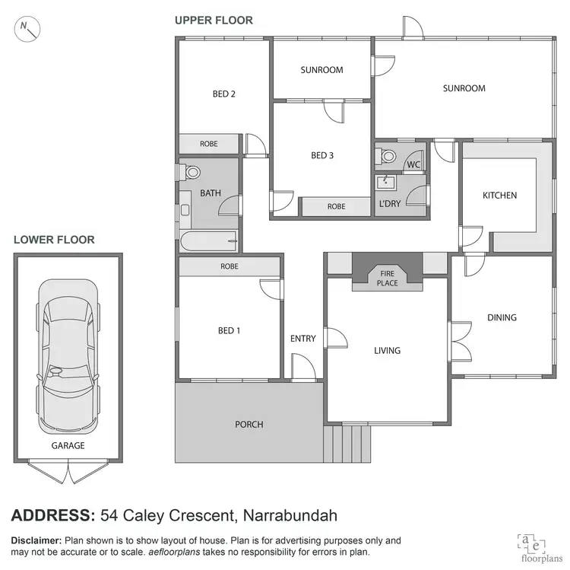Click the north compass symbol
[28, 29]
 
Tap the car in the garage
[69, 354]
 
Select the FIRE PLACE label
[388, 279]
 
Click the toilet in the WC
[388, 156]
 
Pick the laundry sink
[386, 181]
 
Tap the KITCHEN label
[499, 196]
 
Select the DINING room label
[502, 317]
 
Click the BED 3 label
[322, 156]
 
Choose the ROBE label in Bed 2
[209, 144]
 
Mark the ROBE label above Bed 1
[229, 267]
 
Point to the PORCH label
[249, 424]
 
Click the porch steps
[347, 444]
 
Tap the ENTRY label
[302, 339]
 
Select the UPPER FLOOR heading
[214, 21]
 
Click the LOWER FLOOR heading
[54, 240]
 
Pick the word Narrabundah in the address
[291, 515]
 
